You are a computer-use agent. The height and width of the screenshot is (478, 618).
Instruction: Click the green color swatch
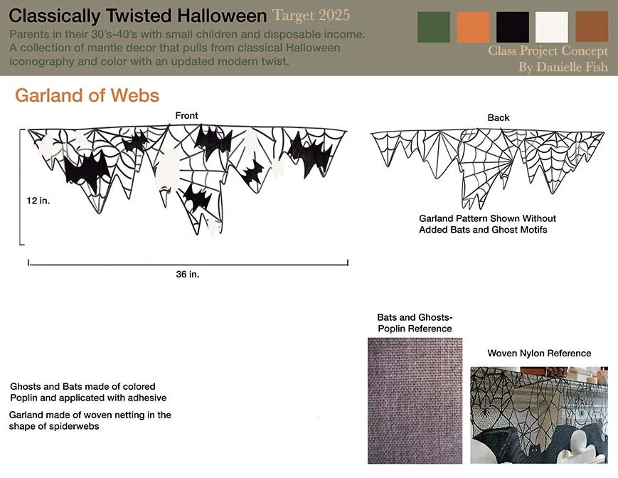tap(433, 27)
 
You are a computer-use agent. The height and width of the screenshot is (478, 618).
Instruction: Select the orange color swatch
tap(473, 27)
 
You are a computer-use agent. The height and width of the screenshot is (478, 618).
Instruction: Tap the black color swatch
tap(513, 27)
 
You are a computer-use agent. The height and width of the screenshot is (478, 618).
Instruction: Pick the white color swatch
tap(552, 27)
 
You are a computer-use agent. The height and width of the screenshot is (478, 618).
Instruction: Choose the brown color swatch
tap(592, 27)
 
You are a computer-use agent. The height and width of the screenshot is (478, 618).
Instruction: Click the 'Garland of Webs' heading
tap(87, 95)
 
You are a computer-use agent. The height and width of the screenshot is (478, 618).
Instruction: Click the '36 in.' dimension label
tap(187, 275)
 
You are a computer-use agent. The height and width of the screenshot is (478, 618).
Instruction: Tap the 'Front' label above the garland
tap(186, 115)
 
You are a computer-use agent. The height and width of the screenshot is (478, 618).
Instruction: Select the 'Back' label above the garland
tap(498, 117)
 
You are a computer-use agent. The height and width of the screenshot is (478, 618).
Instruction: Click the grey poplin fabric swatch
tap(415, 400)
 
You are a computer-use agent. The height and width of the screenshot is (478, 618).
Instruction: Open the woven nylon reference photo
tap(538, 415)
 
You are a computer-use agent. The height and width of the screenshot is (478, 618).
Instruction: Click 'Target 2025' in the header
tap(311, 15)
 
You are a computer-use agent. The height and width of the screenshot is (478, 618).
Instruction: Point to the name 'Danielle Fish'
tap(575, 68)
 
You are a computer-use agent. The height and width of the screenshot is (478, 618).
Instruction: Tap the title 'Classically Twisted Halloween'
tap(137, 16)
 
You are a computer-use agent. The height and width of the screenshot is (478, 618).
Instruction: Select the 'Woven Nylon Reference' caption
tap(539, 354)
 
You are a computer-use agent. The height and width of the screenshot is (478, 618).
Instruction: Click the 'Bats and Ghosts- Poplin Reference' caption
tap(415, 323)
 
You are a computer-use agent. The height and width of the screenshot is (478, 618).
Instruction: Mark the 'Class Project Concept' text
tap(548, 51)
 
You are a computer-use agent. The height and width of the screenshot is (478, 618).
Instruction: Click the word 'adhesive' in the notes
tap(146, 398)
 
